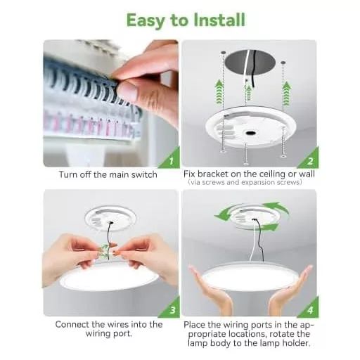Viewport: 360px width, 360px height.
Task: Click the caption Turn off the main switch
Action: click(108, 174)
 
